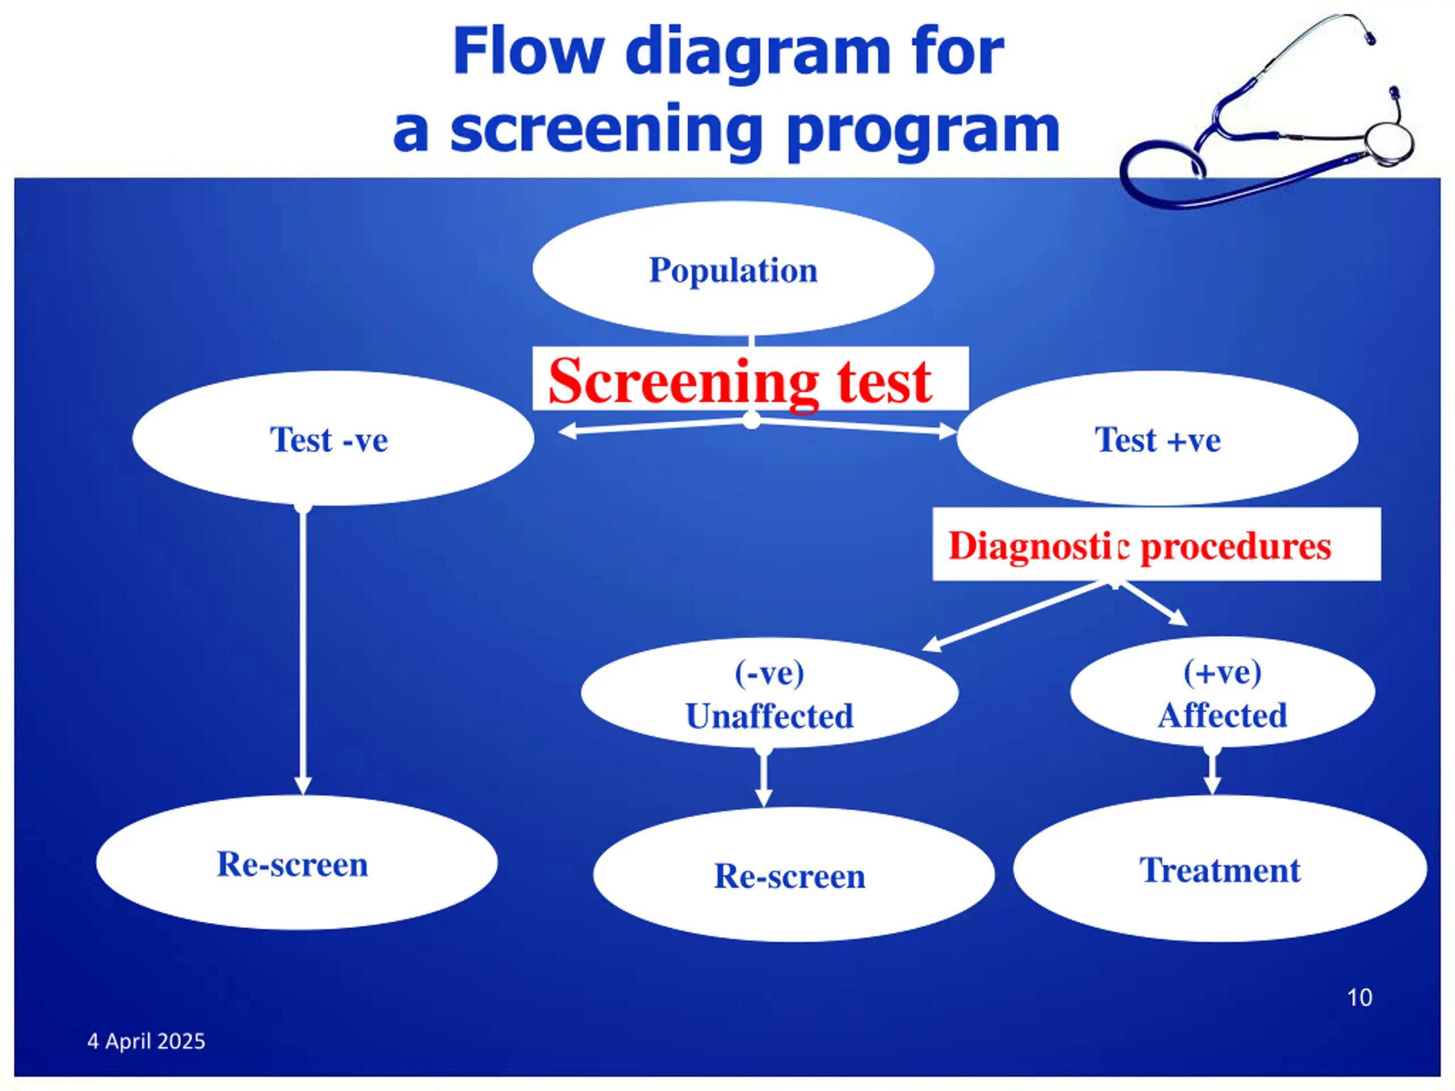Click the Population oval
tap(733, 268)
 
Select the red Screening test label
tap(739, 381)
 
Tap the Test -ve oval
tap(333, 439)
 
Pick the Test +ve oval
tap(1157, 439)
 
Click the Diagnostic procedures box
tap(1157, 544)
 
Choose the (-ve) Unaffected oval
tap(770, 693)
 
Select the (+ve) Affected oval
tap(1222, 692)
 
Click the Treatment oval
tap(1220, 869)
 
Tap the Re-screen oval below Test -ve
tap(297, 863)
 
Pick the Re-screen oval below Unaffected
tap(794, 875)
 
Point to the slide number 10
tap(1360, 998)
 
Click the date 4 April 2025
tap(146, 1041)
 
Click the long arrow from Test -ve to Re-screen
tap(302, 651)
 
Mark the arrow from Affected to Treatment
tap(1212, 771)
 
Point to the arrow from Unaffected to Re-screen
tap(764, 777)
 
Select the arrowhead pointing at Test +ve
tap(947, 431)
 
